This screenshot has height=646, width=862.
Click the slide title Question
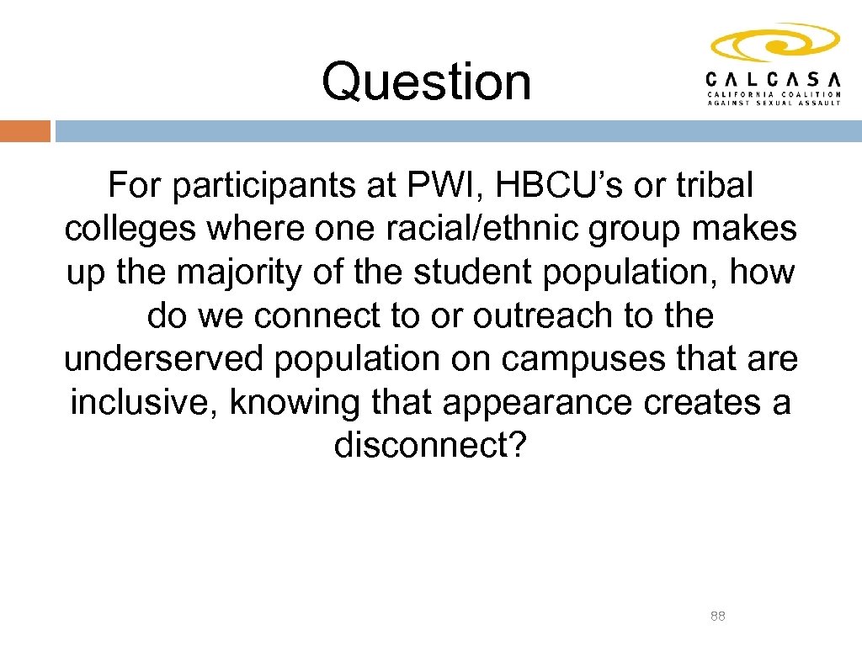pos(426,82)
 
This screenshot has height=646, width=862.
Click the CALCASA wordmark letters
pos(773,78)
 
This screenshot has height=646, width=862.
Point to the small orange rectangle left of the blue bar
pos(25,131)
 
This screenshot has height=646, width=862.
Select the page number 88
pos(718,617)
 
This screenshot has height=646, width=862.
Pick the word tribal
pos(710,186)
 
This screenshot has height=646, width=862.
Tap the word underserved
pos(164,359)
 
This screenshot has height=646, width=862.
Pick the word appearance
pos(538,403)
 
